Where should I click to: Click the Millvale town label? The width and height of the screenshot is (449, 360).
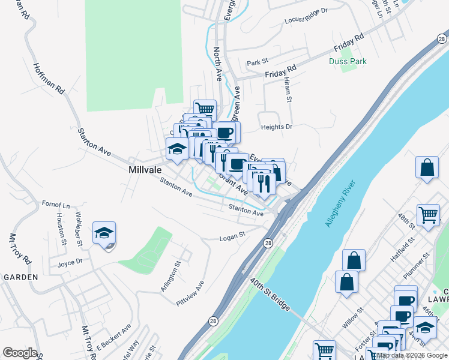(x=145, y=170)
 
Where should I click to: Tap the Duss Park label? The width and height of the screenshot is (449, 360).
(x=348, y=61)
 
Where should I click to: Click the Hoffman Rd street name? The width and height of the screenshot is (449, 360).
(x=49, y=79)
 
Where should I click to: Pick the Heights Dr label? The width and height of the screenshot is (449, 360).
(x=276, y=127)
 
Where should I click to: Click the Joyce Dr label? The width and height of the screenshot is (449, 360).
(x=70, y=263)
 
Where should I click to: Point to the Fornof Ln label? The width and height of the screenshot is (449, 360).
(x=56, y=205)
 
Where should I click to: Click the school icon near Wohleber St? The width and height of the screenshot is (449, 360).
(x=104, y=233)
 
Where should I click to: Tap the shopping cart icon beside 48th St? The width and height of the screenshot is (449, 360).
(x=428, y=214)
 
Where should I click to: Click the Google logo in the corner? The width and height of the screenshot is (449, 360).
(x=20, y=353)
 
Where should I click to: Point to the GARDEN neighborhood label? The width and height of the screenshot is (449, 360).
(x=20, y=277)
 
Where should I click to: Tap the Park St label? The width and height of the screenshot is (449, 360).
(x=256, y=62)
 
